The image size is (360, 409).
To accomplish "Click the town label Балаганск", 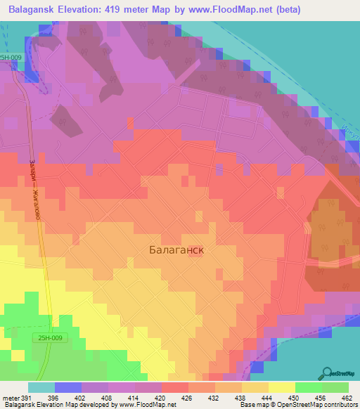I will (178, 249).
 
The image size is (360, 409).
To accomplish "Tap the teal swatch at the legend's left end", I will (41, 387).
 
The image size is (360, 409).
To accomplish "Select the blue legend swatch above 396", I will (67, 387).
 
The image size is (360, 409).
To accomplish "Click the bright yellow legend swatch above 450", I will (281, 387).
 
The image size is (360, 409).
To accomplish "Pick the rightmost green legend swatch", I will (335, 387).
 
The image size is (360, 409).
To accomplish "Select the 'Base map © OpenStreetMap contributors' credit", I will (298, 405).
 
